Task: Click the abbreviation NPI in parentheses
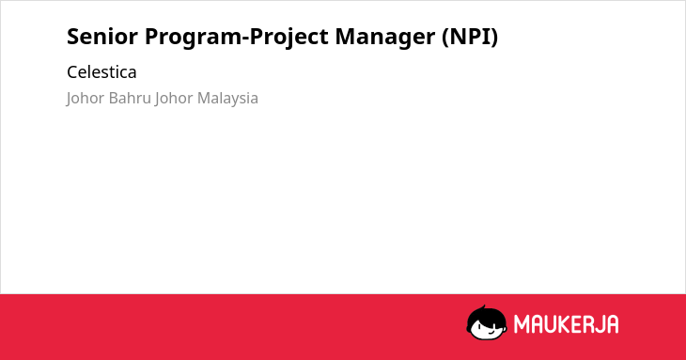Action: [x=470, y=37]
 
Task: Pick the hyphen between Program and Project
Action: [x=245, y=39]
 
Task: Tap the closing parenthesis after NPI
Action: [x=494, y=38]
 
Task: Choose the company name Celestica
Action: [x=101, y=72]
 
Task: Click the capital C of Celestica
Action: [x=72, y=72]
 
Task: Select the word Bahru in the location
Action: [x=130, y=98]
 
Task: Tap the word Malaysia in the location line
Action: [x=227, y=99]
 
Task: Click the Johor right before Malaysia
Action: [x=174, y=99]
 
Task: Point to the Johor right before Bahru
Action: [x=86, y=99]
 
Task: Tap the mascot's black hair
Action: [x=486, y=316]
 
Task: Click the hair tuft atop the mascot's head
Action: [x=484, y=307]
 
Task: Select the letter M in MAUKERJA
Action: [x=522, y=324]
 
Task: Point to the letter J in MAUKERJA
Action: [x=598, y=324]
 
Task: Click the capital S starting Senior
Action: [x=73, y=37]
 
